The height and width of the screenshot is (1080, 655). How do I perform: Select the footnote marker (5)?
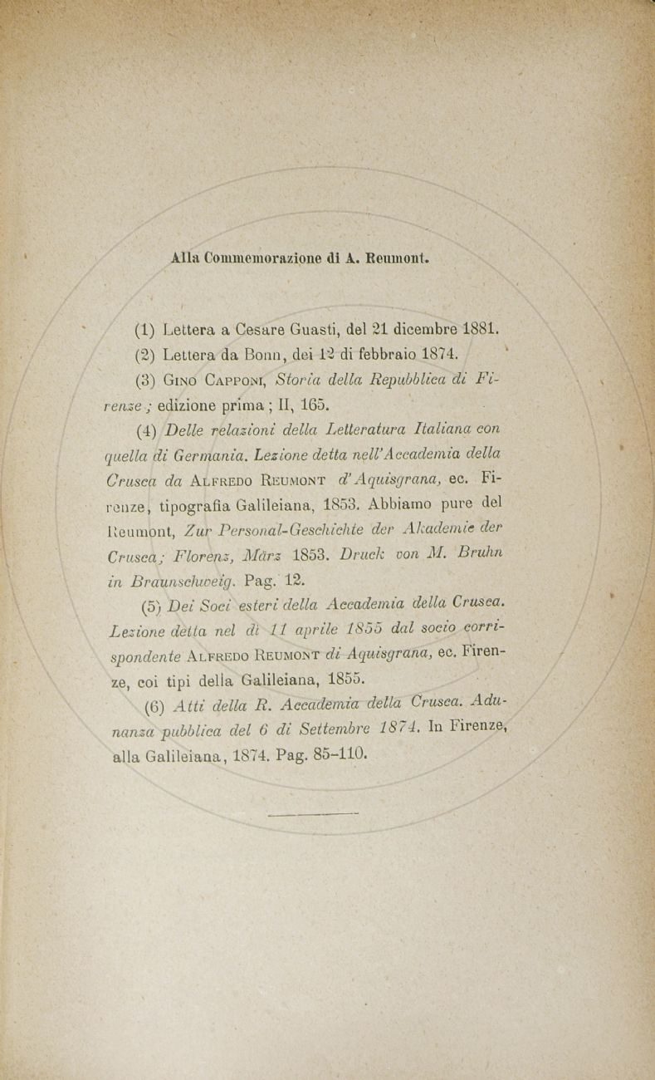(x=151, y=606)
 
